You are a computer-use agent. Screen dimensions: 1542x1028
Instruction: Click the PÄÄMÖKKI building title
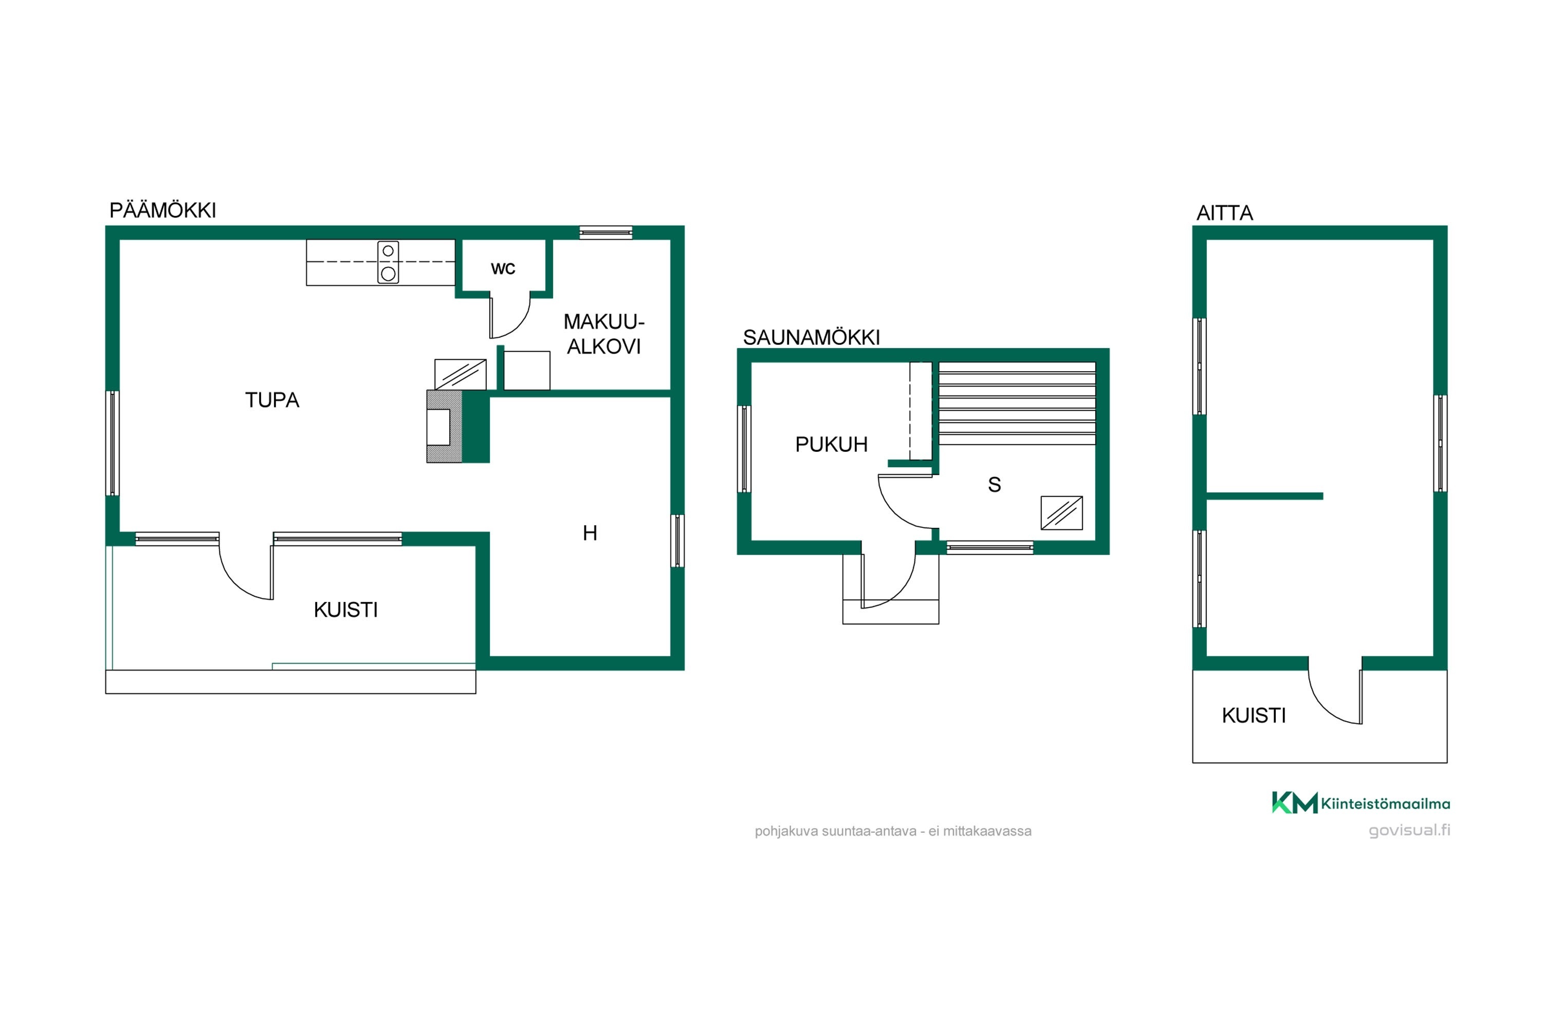[162, 210]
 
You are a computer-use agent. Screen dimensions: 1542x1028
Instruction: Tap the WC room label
[503, 268]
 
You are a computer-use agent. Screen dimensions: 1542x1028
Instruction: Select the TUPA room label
[272, 400]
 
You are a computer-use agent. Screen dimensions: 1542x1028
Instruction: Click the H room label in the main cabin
[590, 533]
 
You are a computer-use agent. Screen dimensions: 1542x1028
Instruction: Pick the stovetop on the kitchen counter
[388, 262]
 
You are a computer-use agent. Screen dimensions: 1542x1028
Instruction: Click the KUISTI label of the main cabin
[345, 610]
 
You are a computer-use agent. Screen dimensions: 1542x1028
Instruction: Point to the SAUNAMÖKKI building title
[811, 338]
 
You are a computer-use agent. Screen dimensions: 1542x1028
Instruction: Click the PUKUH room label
[831, 445]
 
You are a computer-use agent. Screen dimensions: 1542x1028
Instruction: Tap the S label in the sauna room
[995, 485]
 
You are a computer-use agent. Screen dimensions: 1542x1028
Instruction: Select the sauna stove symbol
[1061, 512]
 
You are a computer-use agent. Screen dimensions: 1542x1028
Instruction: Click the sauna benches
[1017, 403]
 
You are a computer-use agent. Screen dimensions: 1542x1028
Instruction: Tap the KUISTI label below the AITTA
[1254, 715]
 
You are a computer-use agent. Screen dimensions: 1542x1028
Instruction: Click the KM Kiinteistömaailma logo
[1361, 803]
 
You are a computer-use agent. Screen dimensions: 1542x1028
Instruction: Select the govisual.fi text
[1409, 831]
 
